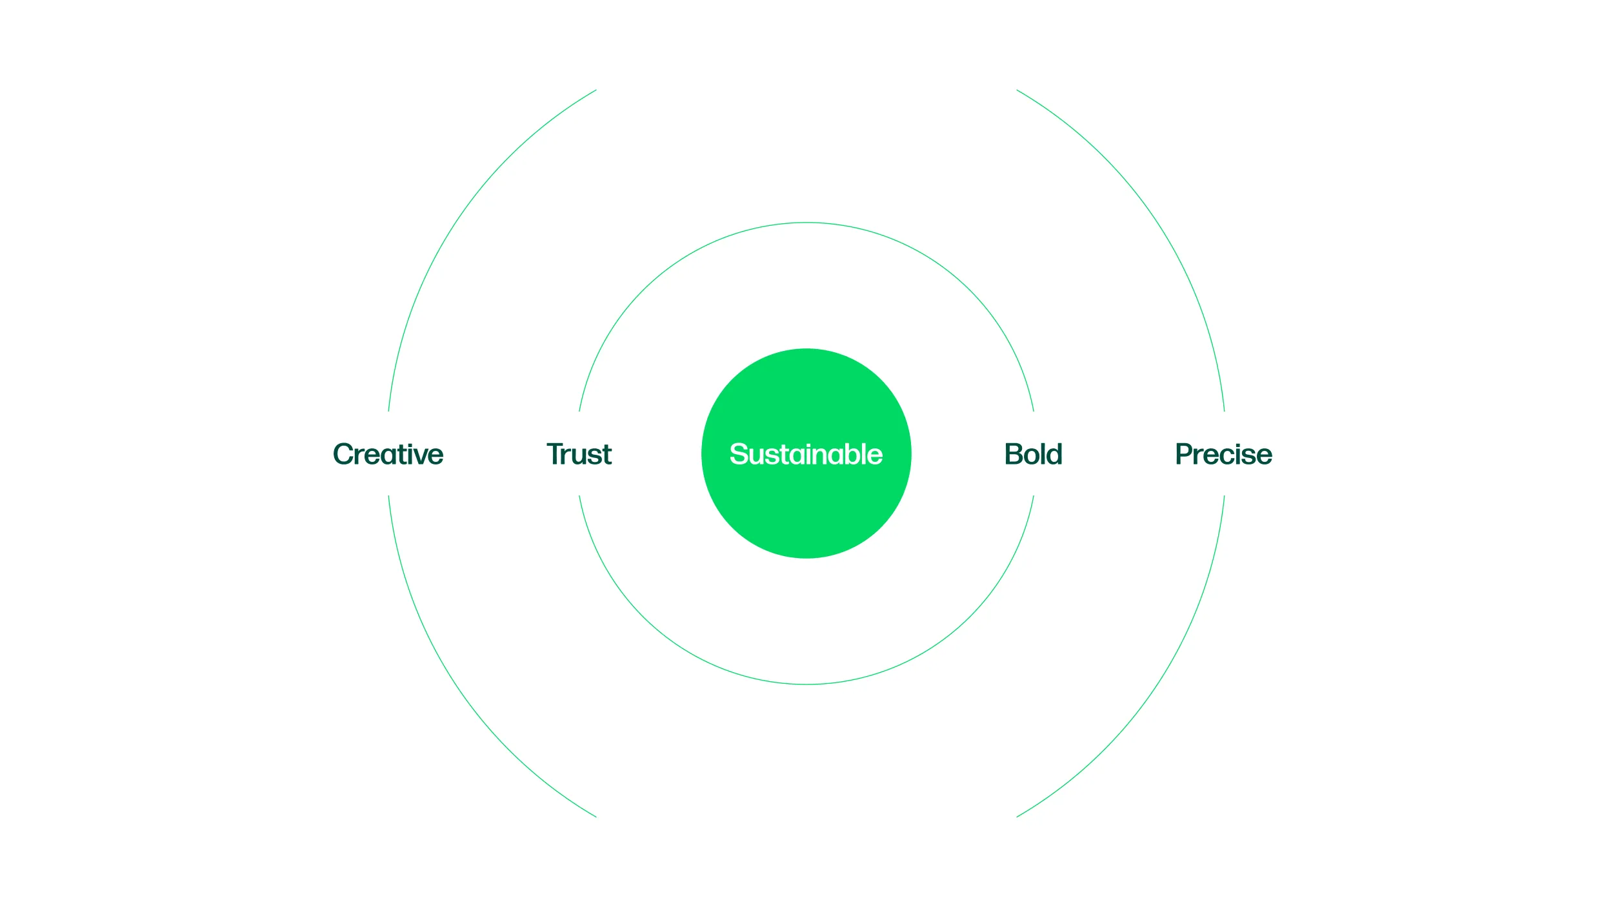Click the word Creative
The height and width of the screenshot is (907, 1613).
coord(388,454)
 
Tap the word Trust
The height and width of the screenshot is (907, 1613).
coord(579,454)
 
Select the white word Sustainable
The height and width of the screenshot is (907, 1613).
coord(806,454)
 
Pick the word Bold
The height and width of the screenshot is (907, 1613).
coord(1033,454)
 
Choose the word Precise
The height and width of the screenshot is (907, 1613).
coord(1223,454)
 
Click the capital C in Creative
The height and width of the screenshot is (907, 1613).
coord(345,454)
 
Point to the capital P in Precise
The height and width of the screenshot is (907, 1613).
coord(1185,454)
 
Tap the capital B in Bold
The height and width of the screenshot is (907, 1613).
coord(1015,454)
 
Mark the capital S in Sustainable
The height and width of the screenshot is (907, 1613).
coord(739,454)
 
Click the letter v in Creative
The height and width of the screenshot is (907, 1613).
coord(417,457)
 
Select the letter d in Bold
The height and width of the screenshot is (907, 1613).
coord(1054,454)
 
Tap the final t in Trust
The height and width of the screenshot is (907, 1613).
coord(605,455)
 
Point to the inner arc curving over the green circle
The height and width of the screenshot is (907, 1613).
coord(806,223)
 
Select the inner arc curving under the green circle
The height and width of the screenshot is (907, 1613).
coord(806,684)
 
